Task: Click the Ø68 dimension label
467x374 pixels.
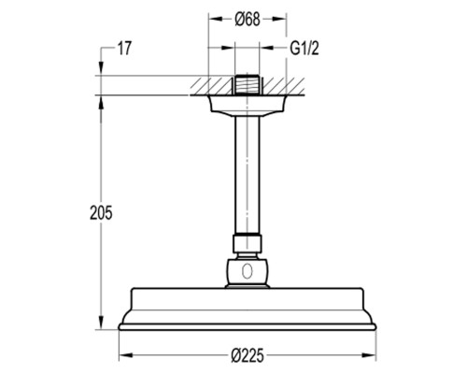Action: coord(248,20)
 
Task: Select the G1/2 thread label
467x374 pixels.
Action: coord(304,49)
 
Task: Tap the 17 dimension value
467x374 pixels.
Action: coord(124,49)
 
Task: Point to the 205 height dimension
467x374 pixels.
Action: coord(101,213)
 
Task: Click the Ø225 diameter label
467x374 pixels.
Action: coord(248,355)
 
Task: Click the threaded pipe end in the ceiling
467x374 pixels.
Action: coord(248,84)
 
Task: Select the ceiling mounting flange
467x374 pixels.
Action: coord(248,106)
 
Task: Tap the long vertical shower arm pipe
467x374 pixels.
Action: coord(248,175)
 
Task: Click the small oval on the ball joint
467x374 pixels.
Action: coord(248,270)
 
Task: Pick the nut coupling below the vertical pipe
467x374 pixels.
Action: coord(248,244)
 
